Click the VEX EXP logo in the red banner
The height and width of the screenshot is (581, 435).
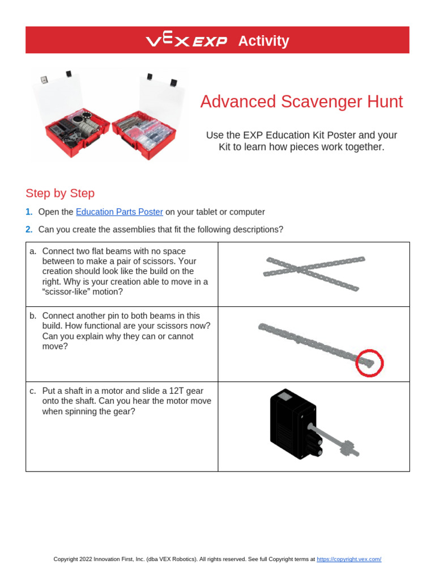[186, 41]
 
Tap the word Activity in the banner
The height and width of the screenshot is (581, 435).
[263, 41]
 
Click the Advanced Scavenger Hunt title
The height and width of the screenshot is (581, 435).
[301, 102]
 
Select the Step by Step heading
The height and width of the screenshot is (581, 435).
[60, 193]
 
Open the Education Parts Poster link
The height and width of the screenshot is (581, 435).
[120, 212]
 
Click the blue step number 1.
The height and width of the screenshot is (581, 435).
[29, 212]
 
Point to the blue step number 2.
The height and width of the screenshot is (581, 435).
[29, 229]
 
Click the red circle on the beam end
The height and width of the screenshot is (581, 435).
[369, 362]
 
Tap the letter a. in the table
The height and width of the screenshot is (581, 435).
[33, 251]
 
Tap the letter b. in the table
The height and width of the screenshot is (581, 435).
[33, 315]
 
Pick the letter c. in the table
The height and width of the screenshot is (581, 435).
[33, 391]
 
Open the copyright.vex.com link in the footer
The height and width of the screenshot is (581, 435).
[348, 559]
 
